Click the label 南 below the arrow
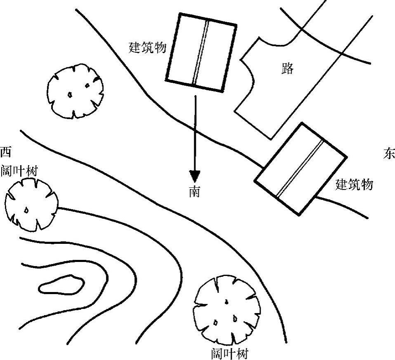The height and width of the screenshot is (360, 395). coord(195,192)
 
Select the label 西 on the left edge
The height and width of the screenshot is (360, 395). coord(5,152)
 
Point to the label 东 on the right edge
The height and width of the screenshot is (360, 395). coord(389,154)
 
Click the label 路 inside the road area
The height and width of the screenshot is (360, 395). coord(287,68)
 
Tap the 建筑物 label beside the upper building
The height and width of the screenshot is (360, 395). coord(148,47)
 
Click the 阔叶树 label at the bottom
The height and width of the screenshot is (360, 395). coord(229,353)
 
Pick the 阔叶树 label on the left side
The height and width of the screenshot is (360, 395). coord(19,171)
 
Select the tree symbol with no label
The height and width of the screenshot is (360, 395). coord(75,90)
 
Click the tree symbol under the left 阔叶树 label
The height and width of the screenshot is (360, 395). coord(31,205)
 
